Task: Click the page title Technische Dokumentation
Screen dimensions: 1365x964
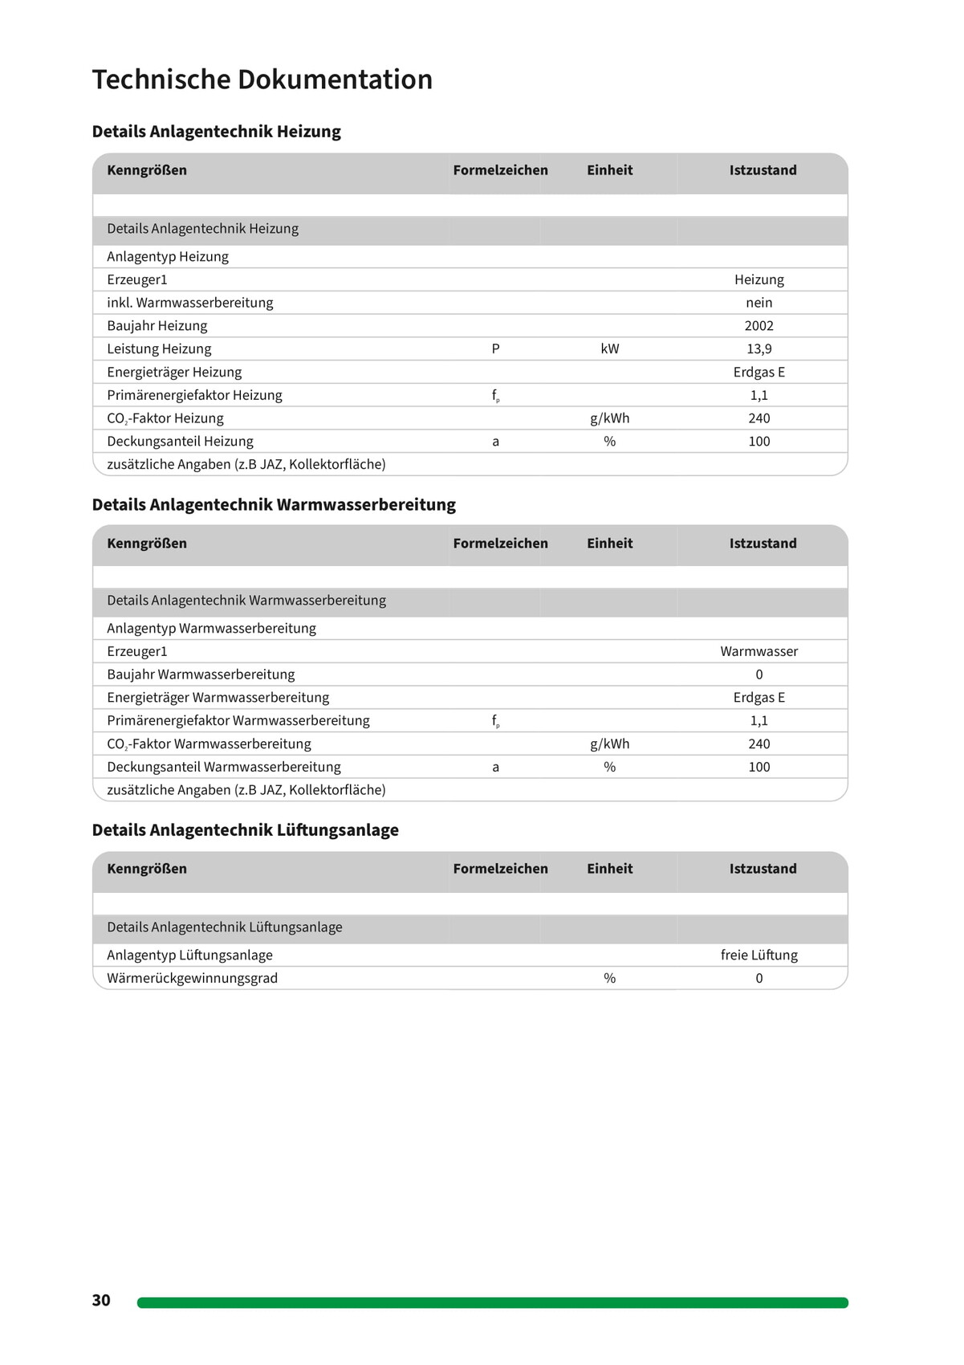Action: [262, 79]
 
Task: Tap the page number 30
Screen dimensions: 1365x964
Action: [101, 1300]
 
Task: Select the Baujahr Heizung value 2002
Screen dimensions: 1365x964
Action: [759, 326]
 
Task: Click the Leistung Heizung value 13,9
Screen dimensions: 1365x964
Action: [759, 349]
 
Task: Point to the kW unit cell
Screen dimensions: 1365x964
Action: [609, 349]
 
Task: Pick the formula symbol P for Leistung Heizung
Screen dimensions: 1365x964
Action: [495, 349]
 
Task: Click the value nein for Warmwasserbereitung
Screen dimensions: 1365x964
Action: [759, 303]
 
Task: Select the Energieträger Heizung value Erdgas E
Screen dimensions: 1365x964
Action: [759, 373]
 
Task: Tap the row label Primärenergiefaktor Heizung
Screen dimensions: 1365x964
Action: [194, 395]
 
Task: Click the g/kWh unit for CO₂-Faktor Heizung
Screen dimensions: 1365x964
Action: [609, 418]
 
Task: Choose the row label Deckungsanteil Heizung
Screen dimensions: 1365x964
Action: [180, 442]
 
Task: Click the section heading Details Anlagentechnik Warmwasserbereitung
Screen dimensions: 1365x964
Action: [274, 504]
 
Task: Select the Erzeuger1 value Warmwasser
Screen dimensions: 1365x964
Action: [759, 651]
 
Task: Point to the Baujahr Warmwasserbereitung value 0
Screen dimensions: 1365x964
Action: [759, 674]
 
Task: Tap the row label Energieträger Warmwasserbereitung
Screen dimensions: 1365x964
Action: [218, 698]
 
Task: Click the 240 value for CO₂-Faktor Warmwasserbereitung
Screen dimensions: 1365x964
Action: [759, 744]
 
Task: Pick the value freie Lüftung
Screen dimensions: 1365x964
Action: [759, 955]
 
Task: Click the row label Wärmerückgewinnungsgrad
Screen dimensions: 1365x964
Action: [192, 978]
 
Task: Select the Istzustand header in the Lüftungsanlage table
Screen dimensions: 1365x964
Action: [763, 869]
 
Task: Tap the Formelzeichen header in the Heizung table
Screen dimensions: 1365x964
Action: [500, 170]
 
